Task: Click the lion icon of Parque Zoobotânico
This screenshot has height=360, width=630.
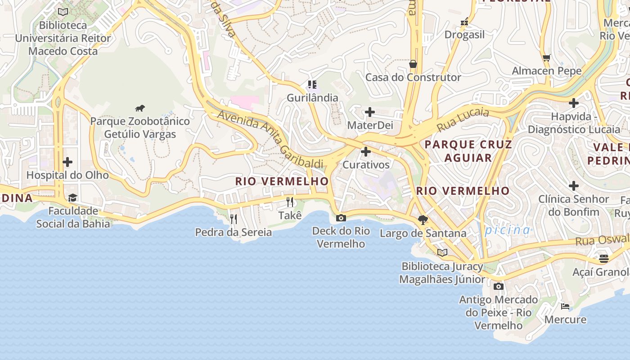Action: point(140,108)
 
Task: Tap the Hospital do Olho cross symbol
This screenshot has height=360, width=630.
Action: point(67,162)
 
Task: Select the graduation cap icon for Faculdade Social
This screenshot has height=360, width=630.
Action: point(72,198)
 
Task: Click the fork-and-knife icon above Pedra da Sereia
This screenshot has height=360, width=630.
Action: point(233,219)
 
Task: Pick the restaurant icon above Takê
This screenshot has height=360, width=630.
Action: point(290,202)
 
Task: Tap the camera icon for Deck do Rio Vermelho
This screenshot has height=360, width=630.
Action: point(341,218)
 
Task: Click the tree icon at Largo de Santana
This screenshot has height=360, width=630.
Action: point(423,220)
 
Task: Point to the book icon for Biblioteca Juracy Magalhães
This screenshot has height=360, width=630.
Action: point(442,252)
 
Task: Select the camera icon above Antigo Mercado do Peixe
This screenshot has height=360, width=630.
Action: point(498,286)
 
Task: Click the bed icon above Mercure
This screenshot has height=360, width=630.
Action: point(565,306)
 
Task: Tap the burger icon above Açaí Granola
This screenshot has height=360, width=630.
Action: point(603,259)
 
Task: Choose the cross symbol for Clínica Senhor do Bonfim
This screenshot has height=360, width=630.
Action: point(574,185)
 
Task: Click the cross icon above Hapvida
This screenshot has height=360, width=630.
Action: point(574,103)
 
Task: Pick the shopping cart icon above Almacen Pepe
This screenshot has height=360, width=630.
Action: point(547,58)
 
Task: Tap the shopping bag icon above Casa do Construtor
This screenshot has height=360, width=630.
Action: point(413,64)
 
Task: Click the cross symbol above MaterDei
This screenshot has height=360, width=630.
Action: point(370,112)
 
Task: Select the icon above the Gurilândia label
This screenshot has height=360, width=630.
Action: point(312,84)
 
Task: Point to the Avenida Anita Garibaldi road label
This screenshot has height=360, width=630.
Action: point(270,140)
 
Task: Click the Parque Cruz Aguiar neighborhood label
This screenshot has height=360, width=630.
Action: point(468,151)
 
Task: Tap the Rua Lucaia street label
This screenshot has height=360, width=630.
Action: point(463,118)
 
